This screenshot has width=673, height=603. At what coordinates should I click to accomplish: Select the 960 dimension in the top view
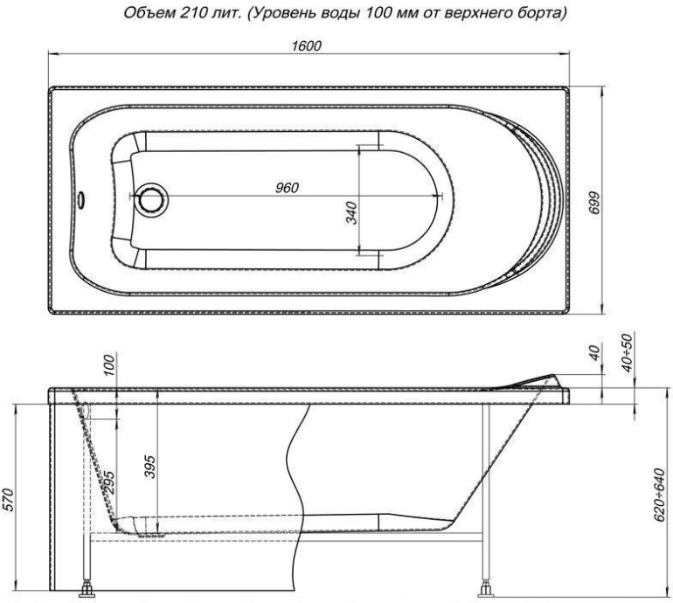[x=288, y=188]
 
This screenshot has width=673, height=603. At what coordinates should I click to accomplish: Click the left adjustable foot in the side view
[x=89, y=589]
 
